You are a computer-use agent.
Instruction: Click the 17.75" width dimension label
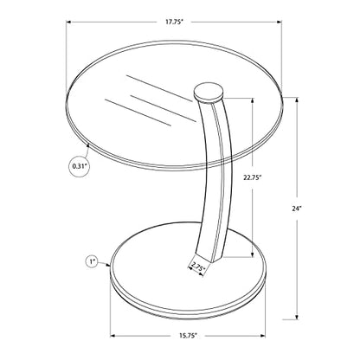(x=174, y=22)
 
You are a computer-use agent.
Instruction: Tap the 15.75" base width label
(x=188, y=336)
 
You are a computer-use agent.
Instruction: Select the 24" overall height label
(x=297, y=209)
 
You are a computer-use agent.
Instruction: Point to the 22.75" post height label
(x=252, y=177)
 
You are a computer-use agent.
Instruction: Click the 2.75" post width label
(x=197, y=267)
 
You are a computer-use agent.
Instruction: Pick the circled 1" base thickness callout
(x=93, y=262)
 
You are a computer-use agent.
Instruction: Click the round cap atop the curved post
(x=209, y=93)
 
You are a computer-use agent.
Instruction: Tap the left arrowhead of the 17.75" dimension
(x=68, y=22)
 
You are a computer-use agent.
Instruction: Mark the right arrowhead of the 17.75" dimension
(x=279, y=22)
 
